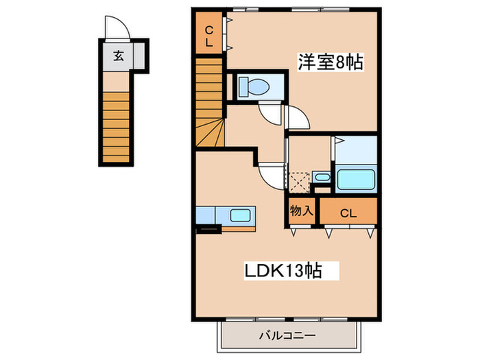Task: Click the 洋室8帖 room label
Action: point(330,62)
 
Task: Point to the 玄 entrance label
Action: point(118,56)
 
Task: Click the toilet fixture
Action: point(254,88)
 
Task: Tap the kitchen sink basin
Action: point(240,215)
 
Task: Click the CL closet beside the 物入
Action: point(348,213)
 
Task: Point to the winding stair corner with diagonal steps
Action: point(210,130)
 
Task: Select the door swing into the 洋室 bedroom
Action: point(298,119)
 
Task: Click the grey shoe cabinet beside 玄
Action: point(139,56)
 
